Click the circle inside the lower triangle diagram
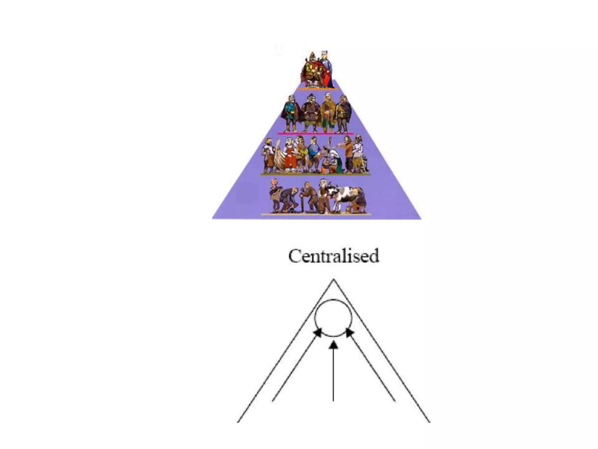(333, 318)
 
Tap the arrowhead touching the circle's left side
(318, 333)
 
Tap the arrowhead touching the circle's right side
(350, 333)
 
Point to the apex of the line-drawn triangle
(334, 280)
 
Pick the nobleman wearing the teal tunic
(291, 114)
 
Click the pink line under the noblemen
(315, 133)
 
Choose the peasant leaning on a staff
(308, 196)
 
